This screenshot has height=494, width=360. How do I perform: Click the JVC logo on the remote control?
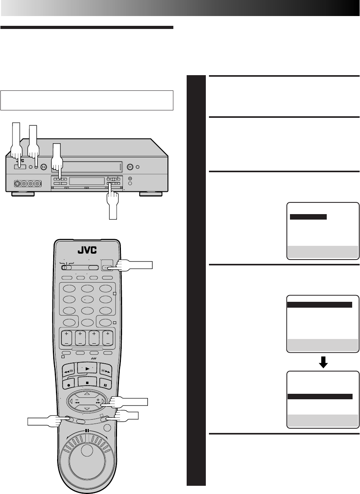point(87,250)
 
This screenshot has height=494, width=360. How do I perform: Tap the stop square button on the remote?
point(87,382)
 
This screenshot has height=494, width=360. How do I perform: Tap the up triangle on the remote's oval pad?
point(87,393)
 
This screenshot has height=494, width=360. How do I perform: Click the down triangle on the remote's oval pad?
point(87,409)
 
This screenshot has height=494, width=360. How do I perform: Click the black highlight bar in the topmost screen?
point(308,217)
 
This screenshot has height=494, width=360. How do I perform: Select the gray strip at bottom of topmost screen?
point(323,252)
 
